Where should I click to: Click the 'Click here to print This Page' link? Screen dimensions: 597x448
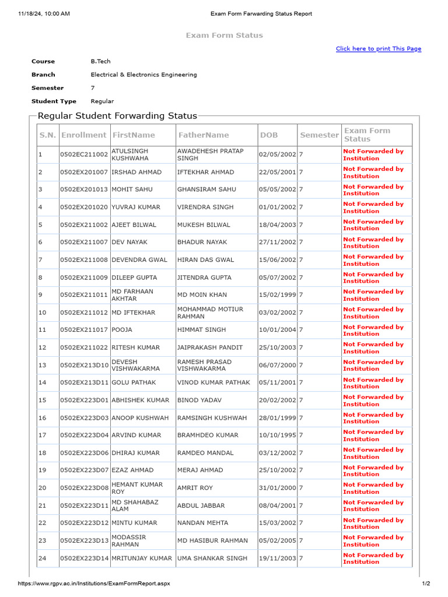[378, 49]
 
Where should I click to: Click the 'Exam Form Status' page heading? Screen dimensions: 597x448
[224, 36]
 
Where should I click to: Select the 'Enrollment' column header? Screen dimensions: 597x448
[84, 135]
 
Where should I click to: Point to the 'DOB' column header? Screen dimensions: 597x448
[269, 135]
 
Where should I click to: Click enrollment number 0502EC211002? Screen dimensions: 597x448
[84, 155]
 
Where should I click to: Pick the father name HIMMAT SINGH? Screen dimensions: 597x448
[201, 330]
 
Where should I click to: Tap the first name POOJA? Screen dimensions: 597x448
[122, 330]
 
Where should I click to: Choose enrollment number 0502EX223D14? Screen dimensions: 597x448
[84, 559]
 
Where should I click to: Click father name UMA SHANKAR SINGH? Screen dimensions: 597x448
[212, 559]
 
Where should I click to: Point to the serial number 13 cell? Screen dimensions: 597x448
[42, 366]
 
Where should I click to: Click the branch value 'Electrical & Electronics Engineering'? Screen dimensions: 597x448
[143, 75]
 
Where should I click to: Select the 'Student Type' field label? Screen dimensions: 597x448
[54, 101]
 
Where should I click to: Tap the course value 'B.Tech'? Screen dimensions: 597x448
[100, 61]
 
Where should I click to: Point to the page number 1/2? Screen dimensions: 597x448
[425, 584]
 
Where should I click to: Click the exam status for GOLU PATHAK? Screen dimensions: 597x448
[373, 383]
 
